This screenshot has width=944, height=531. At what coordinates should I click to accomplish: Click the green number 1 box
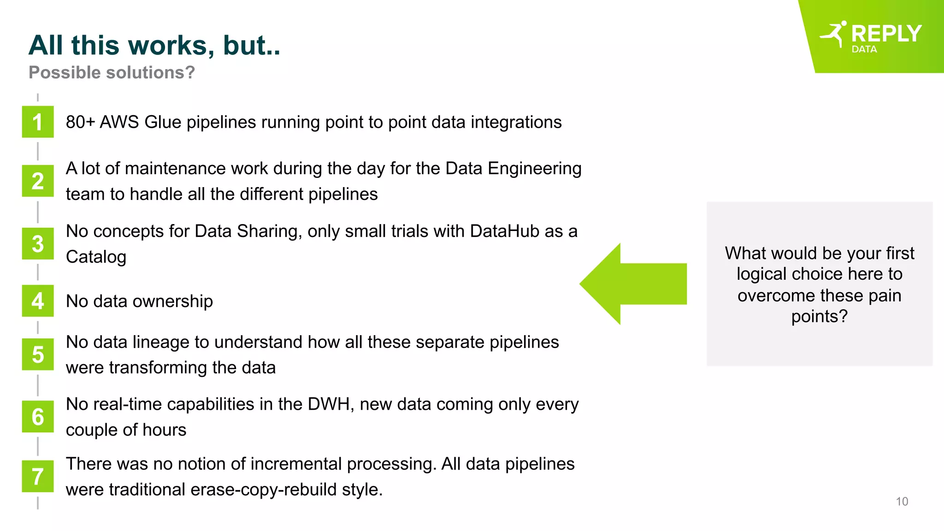tap(38, 122)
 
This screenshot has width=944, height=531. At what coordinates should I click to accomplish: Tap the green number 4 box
tap(38, 301)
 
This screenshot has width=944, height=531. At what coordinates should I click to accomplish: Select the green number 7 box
tap(38, 476)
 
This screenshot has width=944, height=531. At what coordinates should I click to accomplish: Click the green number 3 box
tap(38, 244)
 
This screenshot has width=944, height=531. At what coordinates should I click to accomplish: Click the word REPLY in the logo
tap(886, 34)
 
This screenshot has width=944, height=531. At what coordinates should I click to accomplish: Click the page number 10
tap(902, 501)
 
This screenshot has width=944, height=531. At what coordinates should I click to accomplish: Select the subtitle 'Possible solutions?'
tap(112, 73)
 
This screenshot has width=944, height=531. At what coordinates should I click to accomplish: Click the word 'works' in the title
tap(170, 46)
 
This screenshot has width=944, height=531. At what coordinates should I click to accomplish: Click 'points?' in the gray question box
tap(819, 317)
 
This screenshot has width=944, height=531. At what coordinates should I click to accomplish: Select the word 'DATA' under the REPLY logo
tap(864, 49)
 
